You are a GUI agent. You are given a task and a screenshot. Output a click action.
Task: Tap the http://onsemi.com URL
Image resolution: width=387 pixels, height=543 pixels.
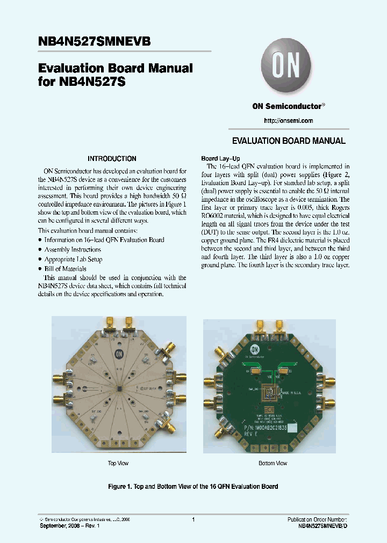click(x=289, y=121)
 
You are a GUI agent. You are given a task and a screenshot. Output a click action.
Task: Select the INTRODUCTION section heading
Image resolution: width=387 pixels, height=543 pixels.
click(x=112, y=159)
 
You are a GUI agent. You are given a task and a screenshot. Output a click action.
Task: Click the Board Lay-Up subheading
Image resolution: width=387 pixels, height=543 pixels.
click(x=217, y=159)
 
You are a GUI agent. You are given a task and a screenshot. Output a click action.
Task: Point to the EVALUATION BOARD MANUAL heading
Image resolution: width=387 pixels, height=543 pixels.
click(x=289, y=141)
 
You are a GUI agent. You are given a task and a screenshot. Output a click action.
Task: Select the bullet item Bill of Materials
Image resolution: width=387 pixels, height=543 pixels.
click(x=65, y=269)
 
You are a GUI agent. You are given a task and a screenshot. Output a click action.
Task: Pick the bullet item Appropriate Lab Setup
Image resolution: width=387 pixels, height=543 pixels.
click(x=73, y=259)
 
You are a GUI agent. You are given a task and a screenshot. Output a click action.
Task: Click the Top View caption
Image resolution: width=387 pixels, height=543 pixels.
click(x=118, y=463)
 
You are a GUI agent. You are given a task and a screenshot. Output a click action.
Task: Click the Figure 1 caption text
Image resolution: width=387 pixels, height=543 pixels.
click(x=193, y=487)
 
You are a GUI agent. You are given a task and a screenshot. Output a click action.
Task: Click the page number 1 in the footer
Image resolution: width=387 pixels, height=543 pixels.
click(x=193, y=519)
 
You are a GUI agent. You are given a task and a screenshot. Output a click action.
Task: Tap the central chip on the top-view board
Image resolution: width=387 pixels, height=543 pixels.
click(x=119, y=387)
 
